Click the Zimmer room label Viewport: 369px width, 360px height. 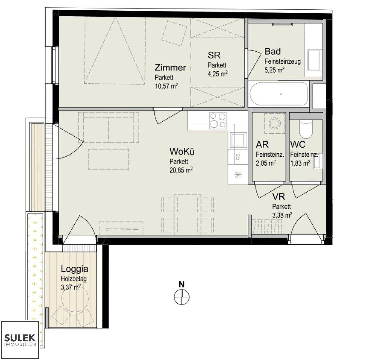click(170, 68)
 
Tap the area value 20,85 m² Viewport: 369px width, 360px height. click(181, 170)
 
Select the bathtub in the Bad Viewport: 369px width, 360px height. click(279, 94)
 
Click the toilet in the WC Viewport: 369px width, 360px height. click(306, 129)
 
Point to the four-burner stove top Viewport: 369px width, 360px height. click(218, 120)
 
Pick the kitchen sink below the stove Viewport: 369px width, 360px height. click(239, 140)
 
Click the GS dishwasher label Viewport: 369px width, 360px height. click(238, 157)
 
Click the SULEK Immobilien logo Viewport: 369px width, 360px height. click(20, 340)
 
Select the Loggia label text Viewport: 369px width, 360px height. click(74, 269)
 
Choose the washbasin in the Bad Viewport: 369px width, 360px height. click(315, 60)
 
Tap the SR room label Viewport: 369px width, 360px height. click(214, 55)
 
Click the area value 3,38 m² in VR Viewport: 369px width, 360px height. click(282, 215)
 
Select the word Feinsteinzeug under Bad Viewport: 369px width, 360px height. click(282, 61)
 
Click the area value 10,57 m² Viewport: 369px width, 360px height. click(166, 86)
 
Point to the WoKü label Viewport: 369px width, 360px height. click(182, 151)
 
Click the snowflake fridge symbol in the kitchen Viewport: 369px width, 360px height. click(238, 175)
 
